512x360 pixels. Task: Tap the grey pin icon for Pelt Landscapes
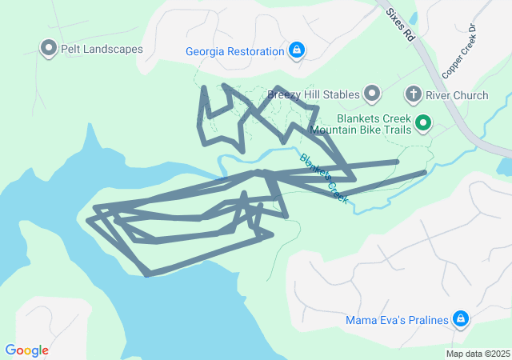pyautogui.click(x=48, y=49)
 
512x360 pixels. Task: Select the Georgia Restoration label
pyautogui.click(x=235, y=51)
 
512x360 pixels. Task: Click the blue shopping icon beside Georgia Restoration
pyautogui.click(x=297, y=51)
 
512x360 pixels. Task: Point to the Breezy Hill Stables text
pyautogui.click(x=314, y=95)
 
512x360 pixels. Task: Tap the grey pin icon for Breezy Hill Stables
pyautogui.click(x=372, y=94)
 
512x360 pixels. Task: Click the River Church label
pyautogui.click(x=457, y=95)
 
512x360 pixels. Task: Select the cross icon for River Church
pyautogui.click(x=414, y=95)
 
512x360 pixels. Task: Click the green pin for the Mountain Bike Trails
pyautogui.click(x=422, y=123)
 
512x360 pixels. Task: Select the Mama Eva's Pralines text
pyautogui.click(x=396, y=321)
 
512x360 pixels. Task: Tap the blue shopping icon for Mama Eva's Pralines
pyautogui.click(x=460, y=320)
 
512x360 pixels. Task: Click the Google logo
pyautogui.click(x=26, y=350)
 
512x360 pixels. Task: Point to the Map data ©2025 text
pyautogui.click(x=478, y=354)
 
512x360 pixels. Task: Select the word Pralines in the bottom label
pyautogui.click(x=424, y=321)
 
